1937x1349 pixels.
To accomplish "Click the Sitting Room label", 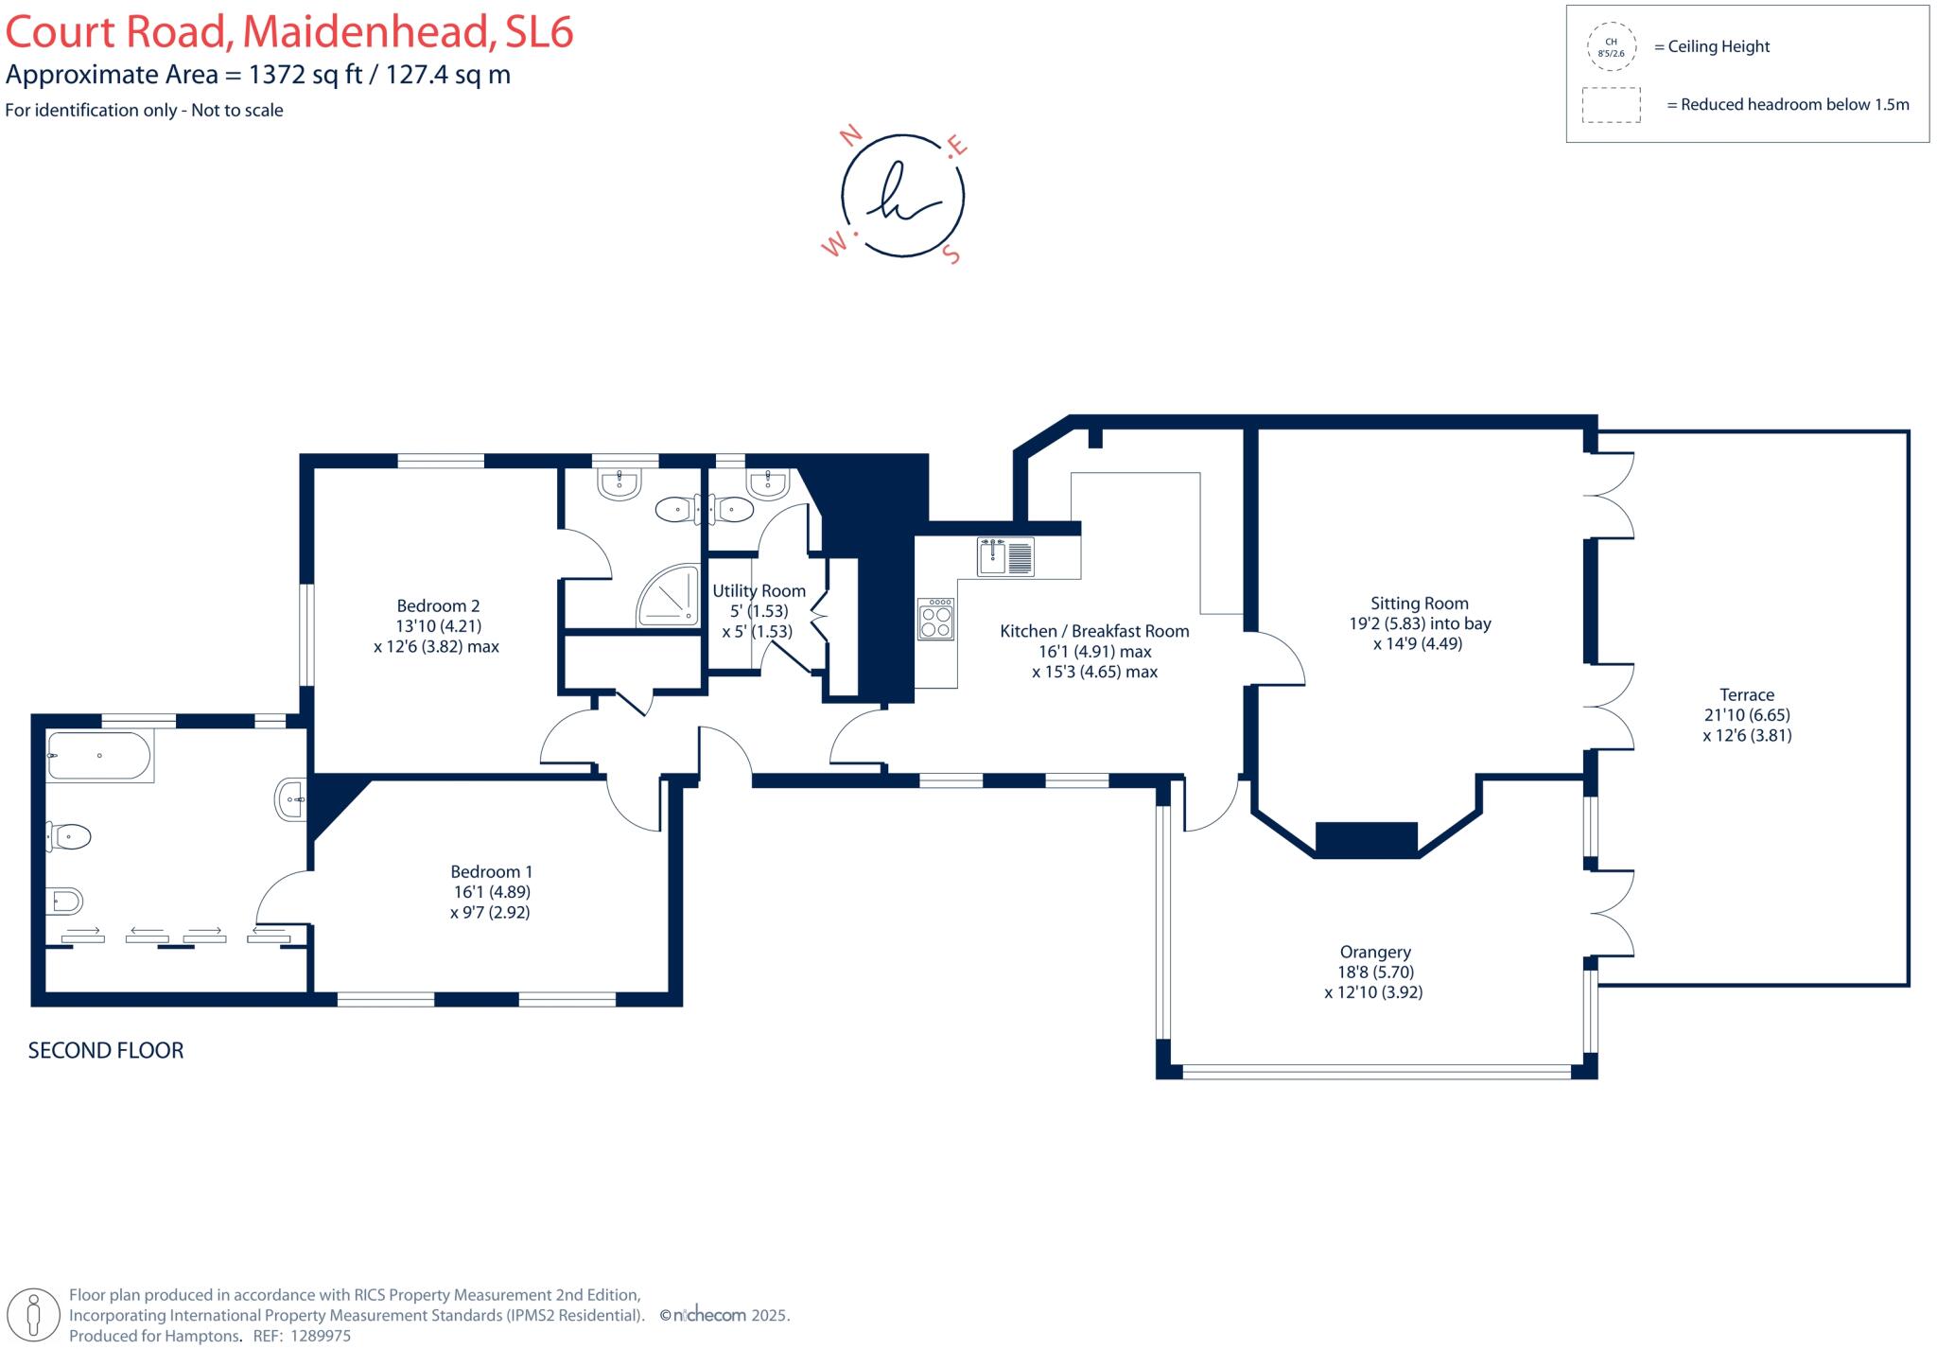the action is [x=1420, y=604].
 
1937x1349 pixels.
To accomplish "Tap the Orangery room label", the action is [x=1375, y=952].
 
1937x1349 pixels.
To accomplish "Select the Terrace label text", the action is [x=1747, y=694].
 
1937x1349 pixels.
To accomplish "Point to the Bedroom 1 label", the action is [x=492, y=871].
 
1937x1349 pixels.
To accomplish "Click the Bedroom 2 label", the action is [x=438, y=605].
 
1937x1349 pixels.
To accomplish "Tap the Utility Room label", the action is [x=759, y=590].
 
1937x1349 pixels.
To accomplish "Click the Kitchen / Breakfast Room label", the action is [x=1095, y=631].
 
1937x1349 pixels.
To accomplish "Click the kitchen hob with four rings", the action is [x=936, y=619].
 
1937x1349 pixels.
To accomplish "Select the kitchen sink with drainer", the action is [x=1006, y=556].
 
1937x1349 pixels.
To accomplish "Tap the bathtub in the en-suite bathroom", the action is [x=99, y=756].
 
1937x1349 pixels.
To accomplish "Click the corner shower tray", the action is [x=670, y=595].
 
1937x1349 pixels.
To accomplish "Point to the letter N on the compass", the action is [x=851, y=134].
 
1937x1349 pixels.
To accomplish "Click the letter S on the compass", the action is [x=952, y=254].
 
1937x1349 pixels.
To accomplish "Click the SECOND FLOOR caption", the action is [x=106, y=1050].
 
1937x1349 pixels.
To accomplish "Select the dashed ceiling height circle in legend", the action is [x=1612, y=47].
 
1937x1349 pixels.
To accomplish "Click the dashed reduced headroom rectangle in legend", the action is [x=1612, y=105].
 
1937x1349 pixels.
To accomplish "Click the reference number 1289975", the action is [x=320, y=1337].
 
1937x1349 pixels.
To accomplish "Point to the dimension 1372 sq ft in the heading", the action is [x=305, y=75].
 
